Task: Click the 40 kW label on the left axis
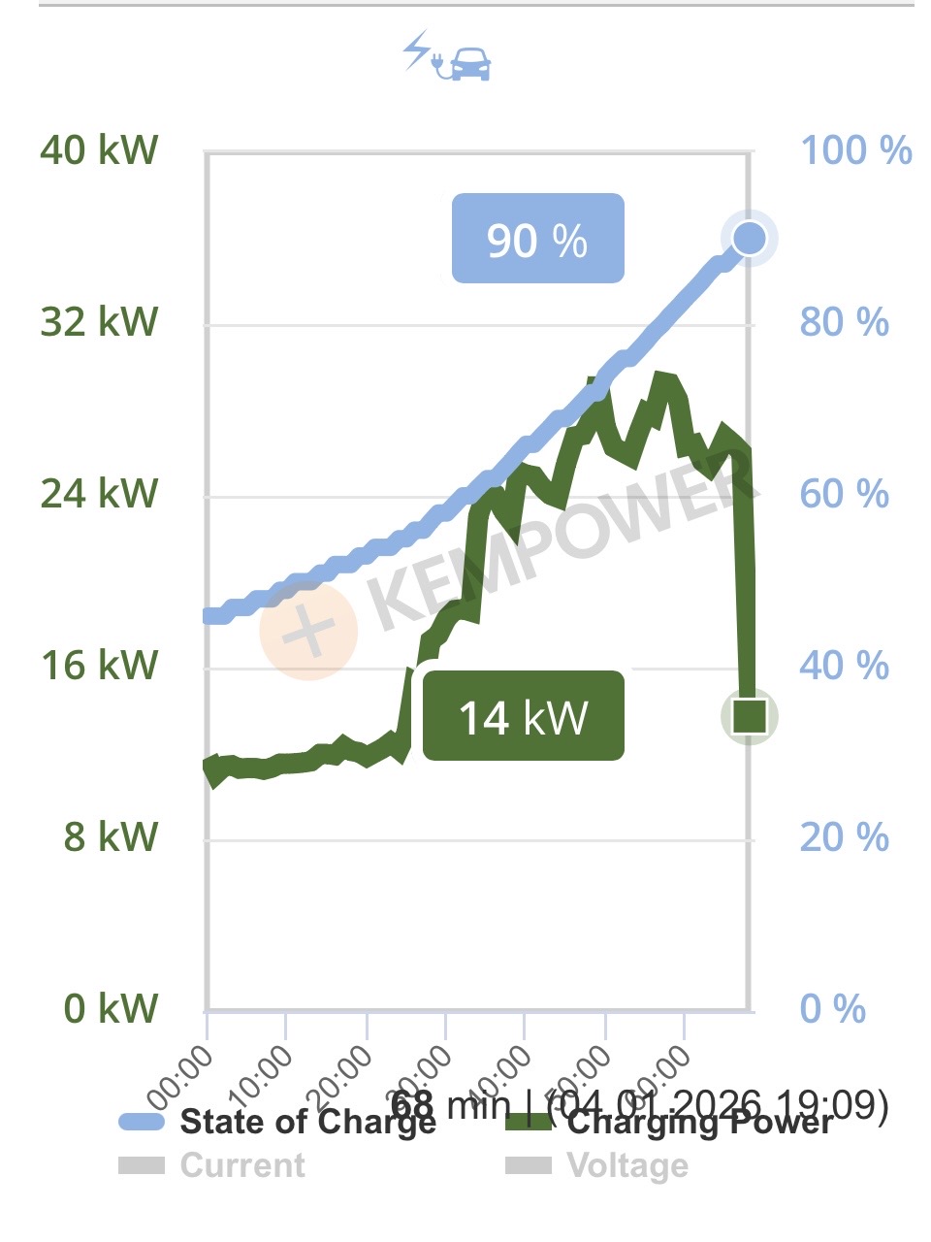[99, 150]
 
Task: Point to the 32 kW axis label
[99, 322]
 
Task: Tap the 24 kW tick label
[99, 494]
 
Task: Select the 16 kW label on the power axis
[99, 666]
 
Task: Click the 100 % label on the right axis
[856, 150]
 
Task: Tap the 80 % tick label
[845, 322]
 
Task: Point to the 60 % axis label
[845, 494]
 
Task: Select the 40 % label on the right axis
[845, 666]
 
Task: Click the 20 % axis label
[845, 836]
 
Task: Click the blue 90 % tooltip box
[537, 239]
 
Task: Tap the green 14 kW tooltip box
[524, 716]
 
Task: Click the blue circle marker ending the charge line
[749, 238]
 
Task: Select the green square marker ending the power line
[750, 716]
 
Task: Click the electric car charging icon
[447, 56]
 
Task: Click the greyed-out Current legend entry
[212, 1165]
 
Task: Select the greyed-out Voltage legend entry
[597, 1165]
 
